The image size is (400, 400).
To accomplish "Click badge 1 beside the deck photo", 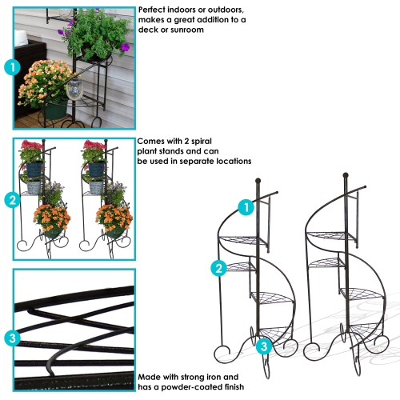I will tap(11, 67).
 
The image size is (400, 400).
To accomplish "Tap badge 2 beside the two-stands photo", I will tap(11, 200).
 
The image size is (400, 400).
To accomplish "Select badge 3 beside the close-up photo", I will tap(11, 338).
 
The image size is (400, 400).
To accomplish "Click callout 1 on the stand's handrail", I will tap(247, 207).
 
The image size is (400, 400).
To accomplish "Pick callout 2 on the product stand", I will tap(218, 268).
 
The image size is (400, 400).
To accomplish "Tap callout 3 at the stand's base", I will tap(264, 346).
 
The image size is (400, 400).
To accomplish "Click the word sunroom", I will tap(183, 30).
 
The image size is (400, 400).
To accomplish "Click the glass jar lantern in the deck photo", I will tap(75, 90).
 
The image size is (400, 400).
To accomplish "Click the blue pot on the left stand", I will tap(33, 170).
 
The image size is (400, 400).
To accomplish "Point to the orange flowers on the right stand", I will tap(114, 217).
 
